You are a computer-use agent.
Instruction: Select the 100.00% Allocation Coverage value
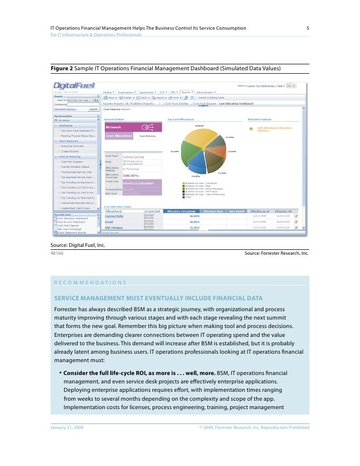[131, 175]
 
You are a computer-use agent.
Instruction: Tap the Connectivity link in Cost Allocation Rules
[114, 216]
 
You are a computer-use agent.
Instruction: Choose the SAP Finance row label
[114, 228]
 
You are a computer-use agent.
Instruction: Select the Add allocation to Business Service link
[271, 128]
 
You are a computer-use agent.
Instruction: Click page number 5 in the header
[308, 28]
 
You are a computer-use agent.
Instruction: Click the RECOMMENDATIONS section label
[90, 282]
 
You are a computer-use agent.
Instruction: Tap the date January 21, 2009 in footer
[67, 427]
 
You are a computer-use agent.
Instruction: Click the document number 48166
[57, 253]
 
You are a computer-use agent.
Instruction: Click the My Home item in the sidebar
[64, 120]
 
